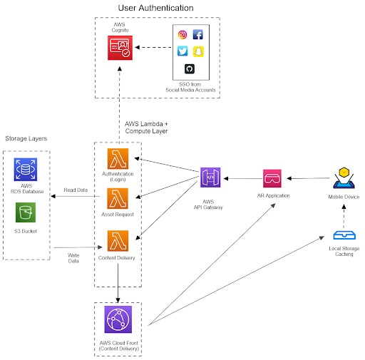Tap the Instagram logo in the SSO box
click(x=182, y=34)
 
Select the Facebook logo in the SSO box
click(x=197, y=34)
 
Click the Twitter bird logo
click(x=182, y=51)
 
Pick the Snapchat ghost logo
click(x=197, y=51)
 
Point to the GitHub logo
click(x=190, y=68)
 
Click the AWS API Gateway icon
click(x=212, y=178)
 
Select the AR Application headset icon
click(x=272, y=178)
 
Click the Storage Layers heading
click(x=26, y=137)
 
